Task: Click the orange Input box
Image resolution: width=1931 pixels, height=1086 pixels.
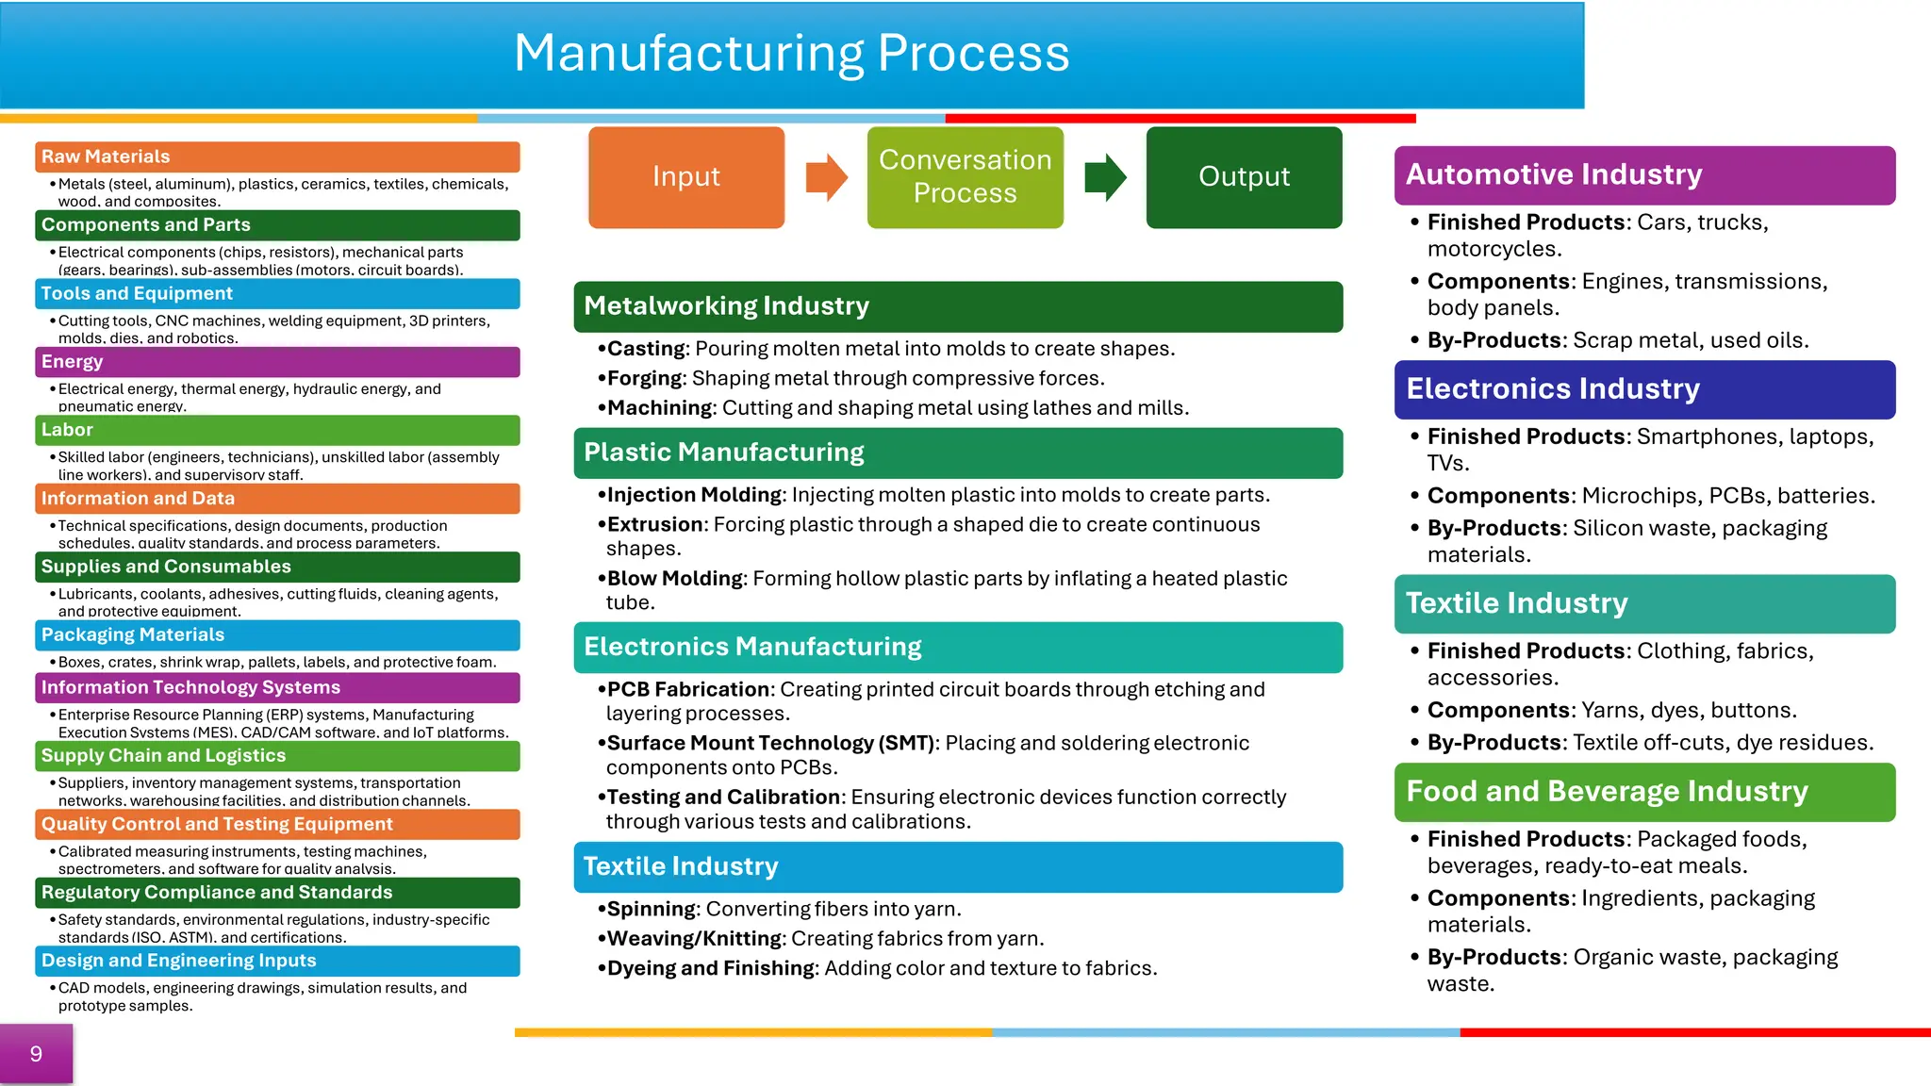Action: coord(685,177)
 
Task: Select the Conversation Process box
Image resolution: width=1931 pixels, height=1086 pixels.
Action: coord(965,177)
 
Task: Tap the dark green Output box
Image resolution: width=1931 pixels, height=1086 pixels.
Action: coord(1244,177)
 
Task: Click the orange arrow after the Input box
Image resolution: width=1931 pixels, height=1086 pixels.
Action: coord(826,177)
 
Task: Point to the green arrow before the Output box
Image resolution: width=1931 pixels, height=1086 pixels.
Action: coord(1104,177)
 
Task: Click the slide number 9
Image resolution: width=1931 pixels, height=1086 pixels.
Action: coord(36,1054)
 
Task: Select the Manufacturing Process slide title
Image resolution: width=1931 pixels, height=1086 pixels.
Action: coord(791,53)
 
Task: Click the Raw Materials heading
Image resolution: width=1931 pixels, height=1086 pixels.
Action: coord(106,157)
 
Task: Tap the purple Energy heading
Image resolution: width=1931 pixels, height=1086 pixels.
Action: coord(73,362)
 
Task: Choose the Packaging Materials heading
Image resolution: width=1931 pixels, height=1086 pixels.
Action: coord(133,635)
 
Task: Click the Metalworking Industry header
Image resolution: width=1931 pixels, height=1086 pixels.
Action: coord(726,306)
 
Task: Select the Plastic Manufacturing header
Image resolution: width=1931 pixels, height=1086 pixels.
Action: coord(723,452)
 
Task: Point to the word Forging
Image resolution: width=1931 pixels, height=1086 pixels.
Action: coord(645,379)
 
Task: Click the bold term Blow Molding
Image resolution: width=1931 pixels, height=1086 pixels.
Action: coord(674,579)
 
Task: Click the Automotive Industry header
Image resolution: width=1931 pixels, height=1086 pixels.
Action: coord(1554,175)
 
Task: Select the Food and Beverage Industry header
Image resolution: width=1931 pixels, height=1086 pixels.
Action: coord(1607,792)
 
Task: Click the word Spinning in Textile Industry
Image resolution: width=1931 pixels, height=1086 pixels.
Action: coord(652,910)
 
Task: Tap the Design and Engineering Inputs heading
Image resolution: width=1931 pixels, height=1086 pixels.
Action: coord(179,961)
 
